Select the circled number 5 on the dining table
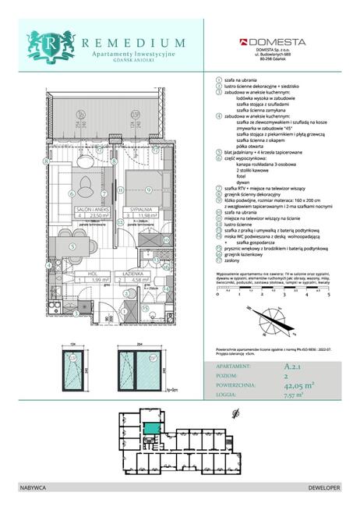[x=72, y=246]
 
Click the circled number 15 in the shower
[x=146, y=307]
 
